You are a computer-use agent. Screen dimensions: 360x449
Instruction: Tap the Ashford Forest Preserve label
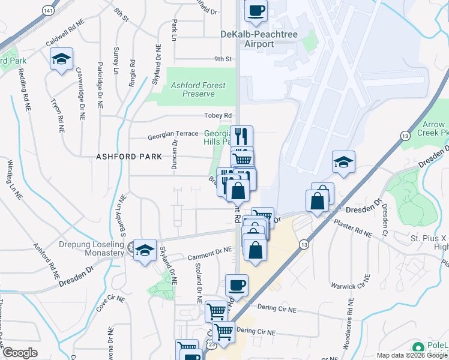[198, 90]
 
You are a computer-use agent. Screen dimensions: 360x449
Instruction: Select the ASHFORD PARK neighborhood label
[129, 157]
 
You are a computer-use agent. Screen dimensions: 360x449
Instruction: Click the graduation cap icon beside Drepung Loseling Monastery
[145, 250]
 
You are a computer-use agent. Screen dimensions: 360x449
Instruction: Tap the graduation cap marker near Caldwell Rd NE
[61, 59]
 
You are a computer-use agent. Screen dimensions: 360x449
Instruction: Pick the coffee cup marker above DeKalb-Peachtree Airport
[256, 11]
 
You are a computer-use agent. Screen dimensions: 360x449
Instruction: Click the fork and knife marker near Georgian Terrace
[241, 136]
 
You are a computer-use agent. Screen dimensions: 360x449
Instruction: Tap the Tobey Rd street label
[220, 116]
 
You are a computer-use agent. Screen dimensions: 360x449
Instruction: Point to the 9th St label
[223, 59]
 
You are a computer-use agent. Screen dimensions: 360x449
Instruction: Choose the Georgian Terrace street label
[173, 137]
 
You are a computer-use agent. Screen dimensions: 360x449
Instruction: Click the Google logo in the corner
[20, 353]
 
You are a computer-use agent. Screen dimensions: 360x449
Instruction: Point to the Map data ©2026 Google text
[411, 355]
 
